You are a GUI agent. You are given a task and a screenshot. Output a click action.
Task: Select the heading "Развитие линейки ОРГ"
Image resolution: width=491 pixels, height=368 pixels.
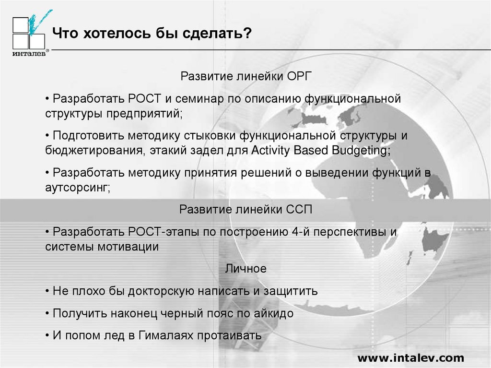click(245, 77)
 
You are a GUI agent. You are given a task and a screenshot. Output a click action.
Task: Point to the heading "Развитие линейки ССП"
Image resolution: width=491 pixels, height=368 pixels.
click(245, 210)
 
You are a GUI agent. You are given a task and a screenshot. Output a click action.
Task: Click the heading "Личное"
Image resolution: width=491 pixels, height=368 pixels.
click(245, 269)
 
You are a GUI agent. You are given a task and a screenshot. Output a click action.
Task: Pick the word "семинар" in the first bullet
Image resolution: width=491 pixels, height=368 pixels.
click(193, 99)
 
